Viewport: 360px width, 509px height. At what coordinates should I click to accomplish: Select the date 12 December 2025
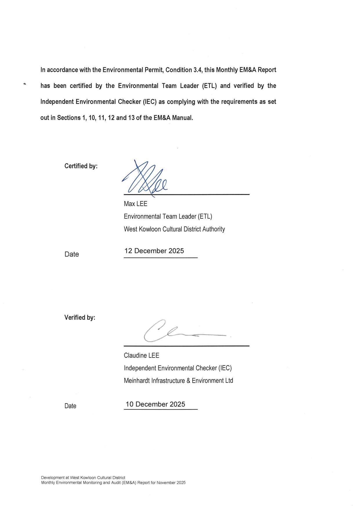tap(154, 251)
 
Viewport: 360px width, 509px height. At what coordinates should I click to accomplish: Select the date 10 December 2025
tap(155, 404)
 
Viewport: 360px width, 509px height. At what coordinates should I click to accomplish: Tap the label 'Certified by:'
tap(81, 166)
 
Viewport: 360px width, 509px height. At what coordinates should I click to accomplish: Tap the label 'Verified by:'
tap(80, 318)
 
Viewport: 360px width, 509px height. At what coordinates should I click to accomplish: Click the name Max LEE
tap(135, 204)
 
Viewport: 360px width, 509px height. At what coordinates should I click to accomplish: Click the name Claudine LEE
tap(142, 356)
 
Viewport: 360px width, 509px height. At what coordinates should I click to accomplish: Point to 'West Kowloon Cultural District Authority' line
tap(174, 229)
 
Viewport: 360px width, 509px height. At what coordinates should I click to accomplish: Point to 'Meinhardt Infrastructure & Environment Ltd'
tap(178, 381)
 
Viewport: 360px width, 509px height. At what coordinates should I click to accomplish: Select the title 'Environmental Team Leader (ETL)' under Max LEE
tap(168, 217)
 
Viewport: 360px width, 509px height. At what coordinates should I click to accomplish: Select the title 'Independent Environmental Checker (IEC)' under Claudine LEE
tap(178, 368)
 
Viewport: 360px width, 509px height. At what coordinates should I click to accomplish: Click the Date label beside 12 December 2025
tap(72, 254)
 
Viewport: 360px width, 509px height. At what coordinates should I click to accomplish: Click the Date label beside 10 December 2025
tap(70, 406)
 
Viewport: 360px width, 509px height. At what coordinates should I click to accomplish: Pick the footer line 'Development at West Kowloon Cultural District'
tap(83, 478)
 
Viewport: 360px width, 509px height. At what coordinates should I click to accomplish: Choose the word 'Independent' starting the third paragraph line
tap(57, 102)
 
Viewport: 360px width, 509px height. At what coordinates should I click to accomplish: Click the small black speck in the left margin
tap(25, 84)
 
